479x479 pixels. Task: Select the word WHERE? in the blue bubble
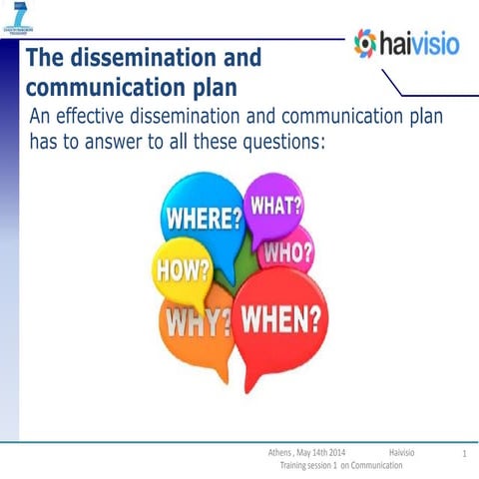(x=203, y=218)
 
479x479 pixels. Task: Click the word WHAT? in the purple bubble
(x=275, y=206)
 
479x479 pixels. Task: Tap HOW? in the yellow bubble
(x=182, y=268)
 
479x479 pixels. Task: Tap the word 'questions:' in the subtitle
(x=275, y=141)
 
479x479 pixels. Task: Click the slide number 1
(x=465, y=455)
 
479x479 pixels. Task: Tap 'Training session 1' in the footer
(x=313, y=466)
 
